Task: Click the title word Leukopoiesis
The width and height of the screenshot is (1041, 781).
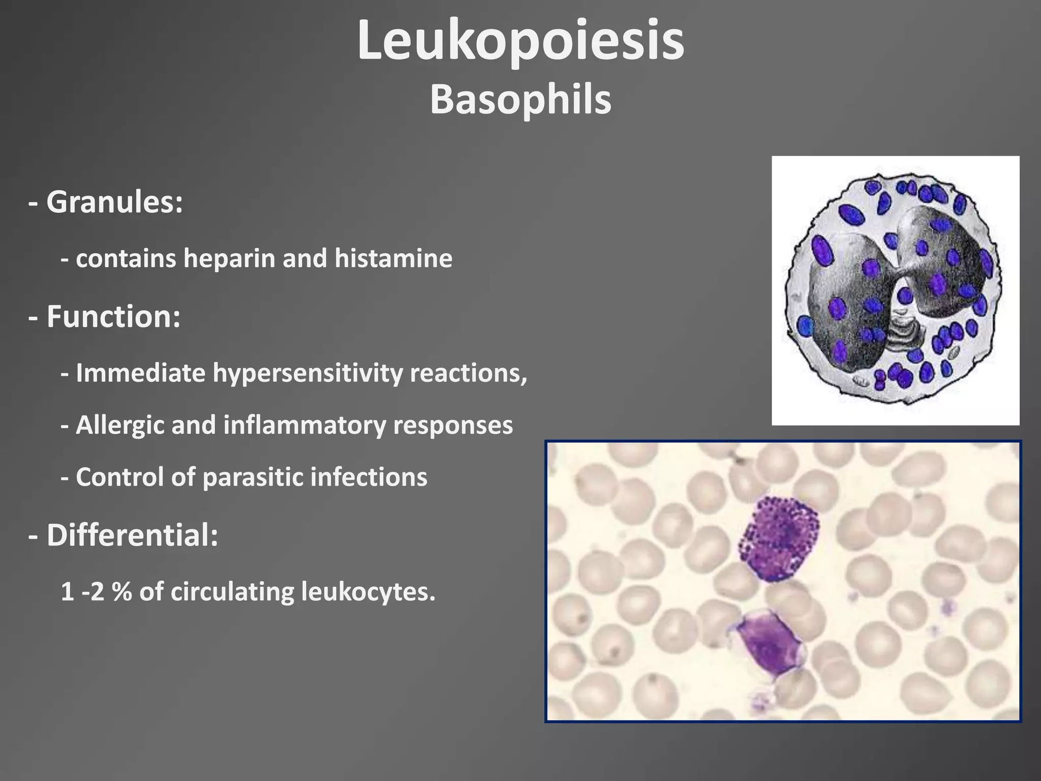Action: tap(520, 42)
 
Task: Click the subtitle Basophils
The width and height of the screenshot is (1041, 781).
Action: tap(520, 100)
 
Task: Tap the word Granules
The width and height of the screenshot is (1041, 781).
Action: tap(114, 202)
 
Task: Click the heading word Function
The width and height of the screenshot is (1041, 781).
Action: tap(113, 317)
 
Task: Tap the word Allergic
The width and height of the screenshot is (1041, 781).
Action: tap(120, 425)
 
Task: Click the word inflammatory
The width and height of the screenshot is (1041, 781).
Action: tap(305, 425)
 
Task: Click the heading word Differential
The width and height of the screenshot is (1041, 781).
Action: tap(132, 535)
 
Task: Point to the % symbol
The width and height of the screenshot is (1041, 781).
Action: tap(121, 592)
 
